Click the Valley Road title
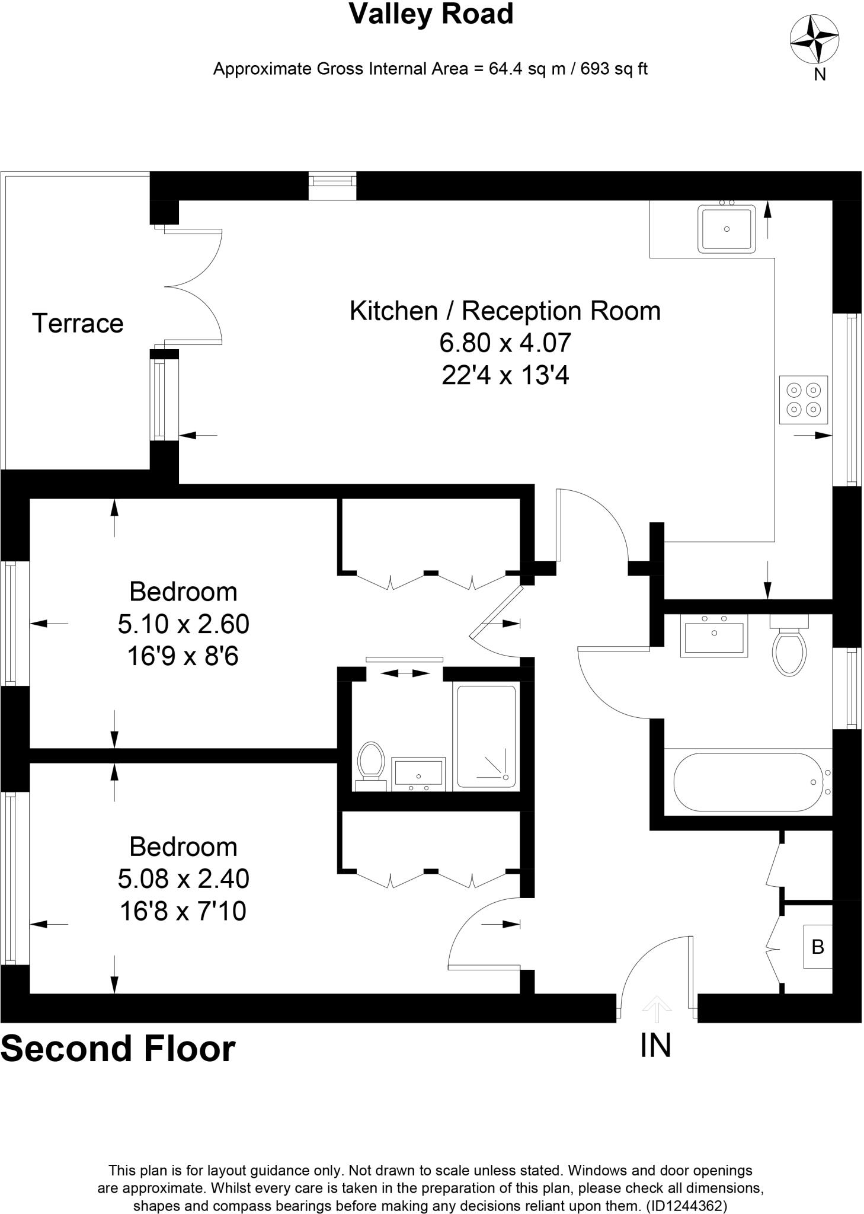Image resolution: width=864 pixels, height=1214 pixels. [431, 14]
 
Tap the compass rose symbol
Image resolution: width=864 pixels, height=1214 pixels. [814, 39]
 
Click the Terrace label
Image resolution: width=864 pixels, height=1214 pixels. [78, 324]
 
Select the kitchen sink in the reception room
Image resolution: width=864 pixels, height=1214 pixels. [727, 229]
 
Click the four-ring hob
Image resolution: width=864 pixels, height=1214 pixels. [803, 400]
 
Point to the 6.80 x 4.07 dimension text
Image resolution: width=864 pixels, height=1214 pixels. [505, 343]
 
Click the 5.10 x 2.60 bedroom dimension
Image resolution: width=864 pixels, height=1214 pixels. [183, 624]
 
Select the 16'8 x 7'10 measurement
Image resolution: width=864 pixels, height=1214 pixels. [183, 911]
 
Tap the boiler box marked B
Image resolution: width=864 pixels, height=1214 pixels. [818, 947]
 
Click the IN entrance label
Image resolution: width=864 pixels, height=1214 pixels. [655, 1045]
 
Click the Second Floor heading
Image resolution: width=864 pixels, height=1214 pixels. [118, 1049]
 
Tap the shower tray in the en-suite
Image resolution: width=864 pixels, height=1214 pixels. [486, 736]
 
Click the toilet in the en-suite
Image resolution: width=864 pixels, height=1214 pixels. [371, 765]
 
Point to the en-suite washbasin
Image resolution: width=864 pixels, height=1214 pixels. [418, 774]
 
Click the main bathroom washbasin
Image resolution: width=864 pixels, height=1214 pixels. [714, 636]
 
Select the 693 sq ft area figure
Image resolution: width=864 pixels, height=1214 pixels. [613, 69]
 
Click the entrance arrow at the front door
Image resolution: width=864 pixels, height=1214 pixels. [656, 1008]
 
